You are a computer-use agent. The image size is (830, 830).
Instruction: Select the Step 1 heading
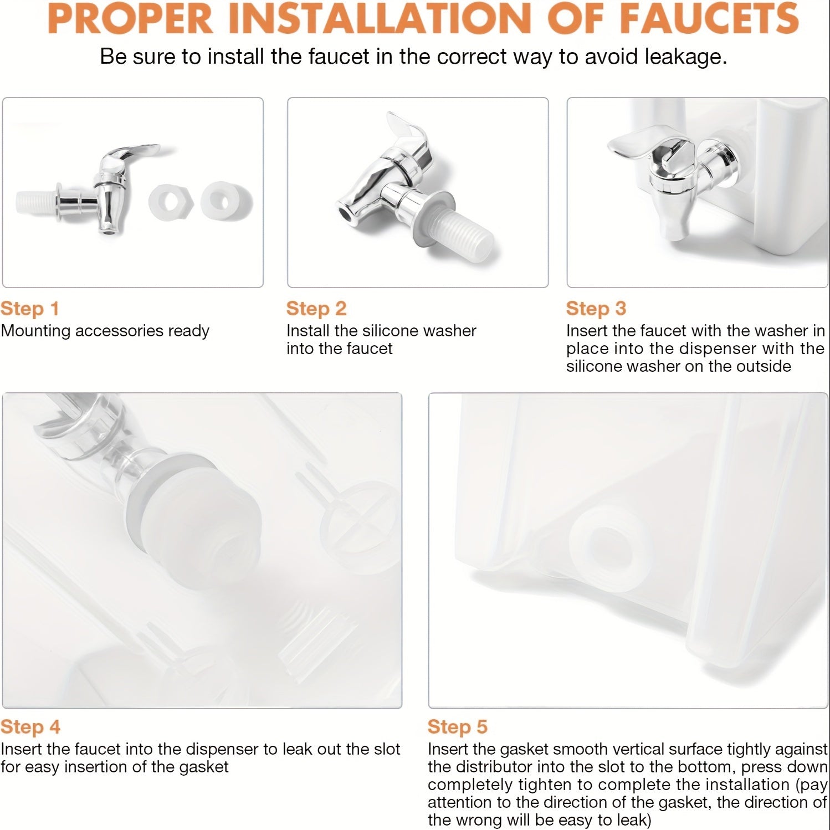click(30, 309)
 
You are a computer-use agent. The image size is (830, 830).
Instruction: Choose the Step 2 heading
click(316, 309)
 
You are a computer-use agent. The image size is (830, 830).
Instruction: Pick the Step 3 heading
click(596, 309)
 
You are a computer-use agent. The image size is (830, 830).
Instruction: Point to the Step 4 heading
click(30, 727)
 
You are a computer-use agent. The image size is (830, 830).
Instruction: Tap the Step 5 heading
click(458, 727)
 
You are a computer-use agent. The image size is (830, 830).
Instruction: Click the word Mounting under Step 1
click(35, 331)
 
